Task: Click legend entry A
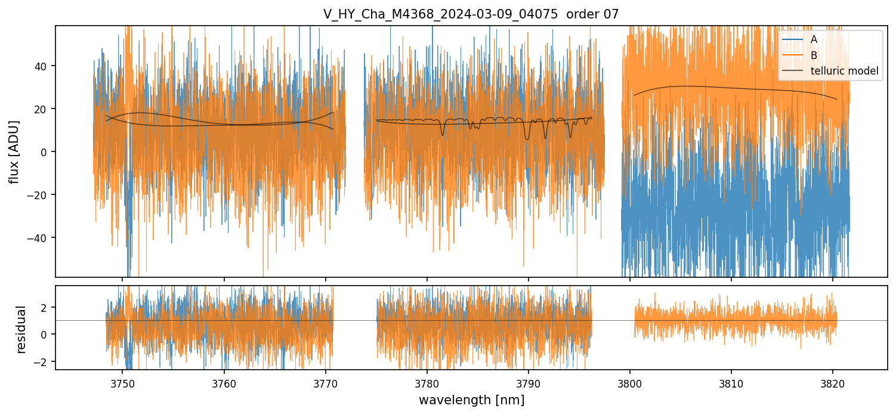tap(814, 39)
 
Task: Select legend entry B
tap(814, 55)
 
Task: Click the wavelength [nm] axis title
tap(471, 400)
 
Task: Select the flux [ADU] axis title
tap(14, 151)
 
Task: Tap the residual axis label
tap(21, 329)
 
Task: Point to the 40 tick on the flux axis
tap(42, 66)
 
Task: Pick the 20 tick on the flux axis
tap(42, 109)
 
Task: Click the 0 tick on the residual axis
tap(45, 334)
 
